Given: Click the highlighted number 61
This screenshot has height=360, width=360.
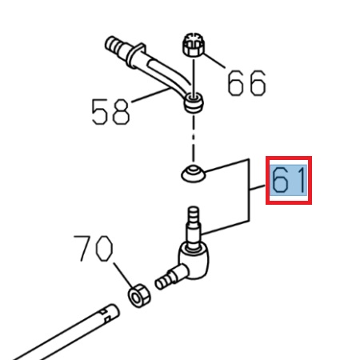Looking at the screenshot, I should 288,181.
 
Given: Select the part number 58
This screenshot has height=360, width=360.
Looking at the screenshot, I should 110,111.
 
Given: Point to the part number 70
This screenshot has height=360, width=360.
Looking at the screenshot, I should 94,250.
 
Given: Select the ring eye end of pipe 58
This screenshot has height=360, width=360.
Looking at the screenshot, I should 194,102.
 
